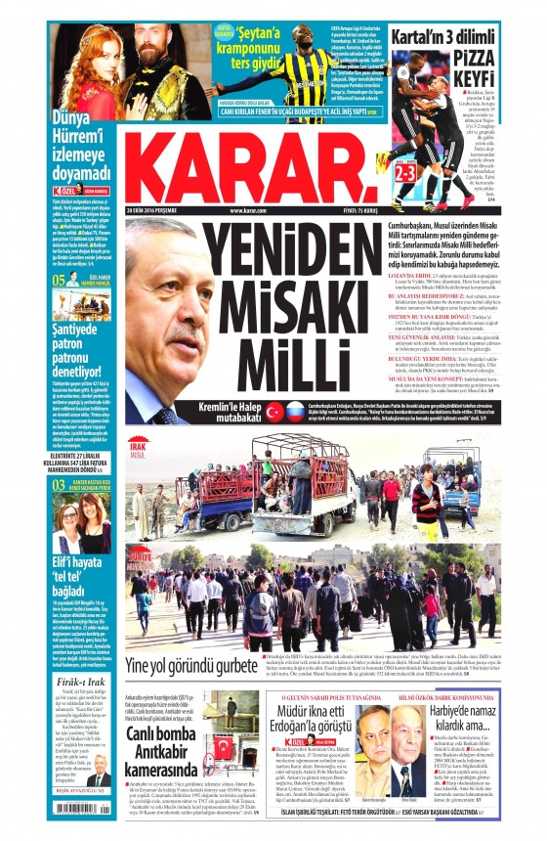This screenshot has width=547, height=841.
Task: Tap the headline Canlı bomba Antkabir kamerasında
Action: pos(178,751)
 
